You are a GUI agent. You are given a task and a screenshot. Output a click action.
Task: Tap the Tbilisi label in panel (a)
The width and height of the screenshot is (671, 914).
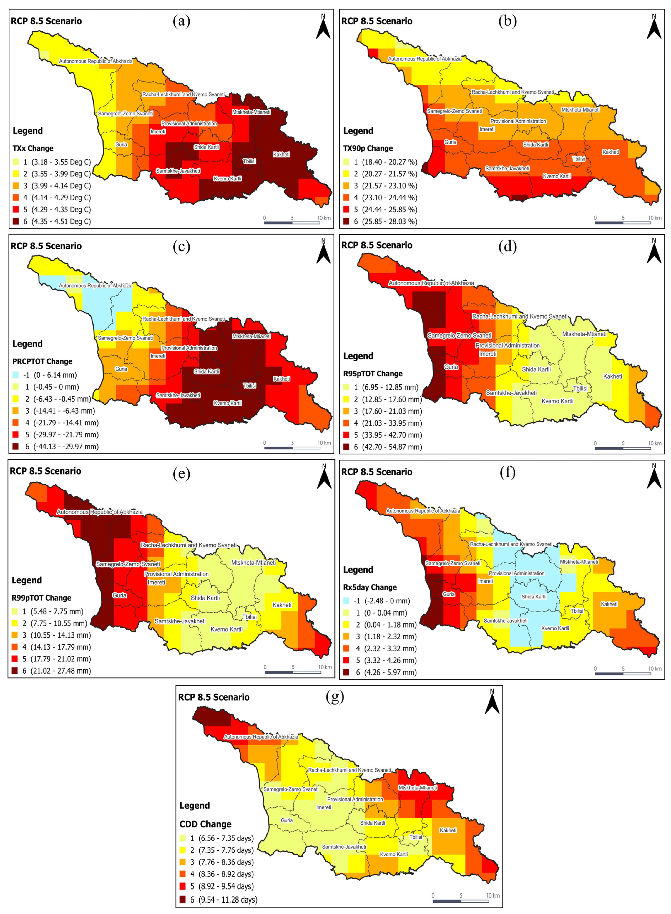coord(249,161)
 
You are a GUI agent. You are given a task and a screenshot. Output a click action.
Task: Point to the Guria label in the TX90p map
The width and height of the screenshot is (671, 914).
coord(450,142)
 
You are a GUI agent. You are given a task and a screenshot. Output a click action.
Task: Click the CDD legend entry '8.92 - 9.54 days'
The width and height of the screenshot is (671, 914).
coord(226,886)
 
